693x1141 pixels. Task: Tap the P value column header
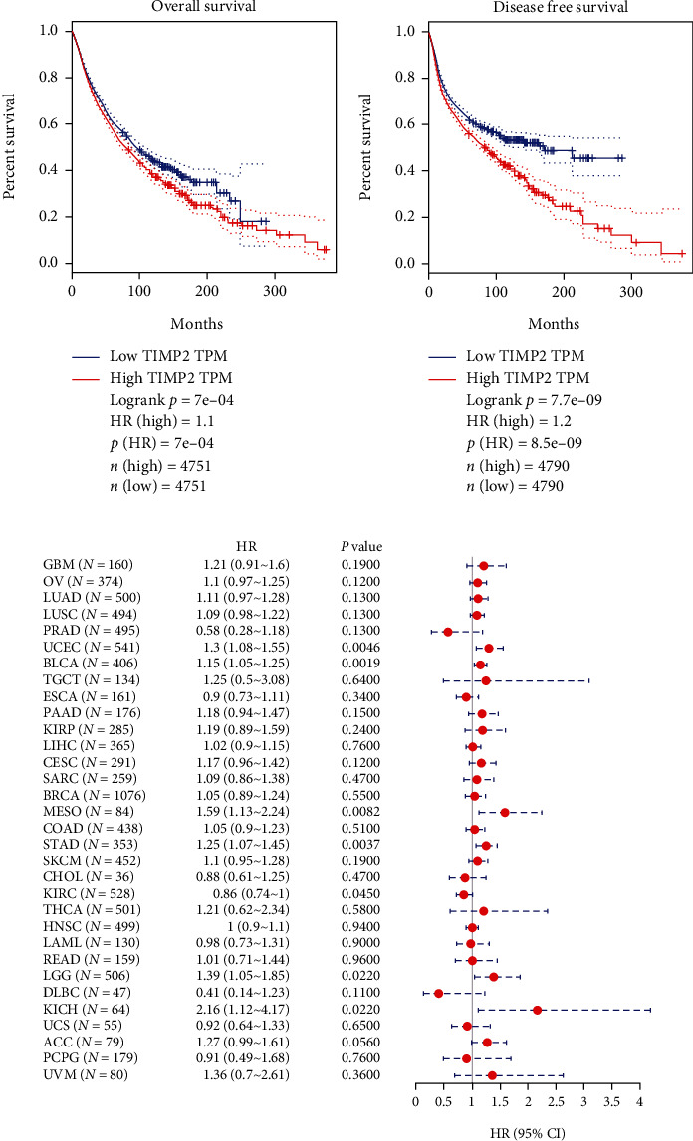[x=360, y=546]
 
